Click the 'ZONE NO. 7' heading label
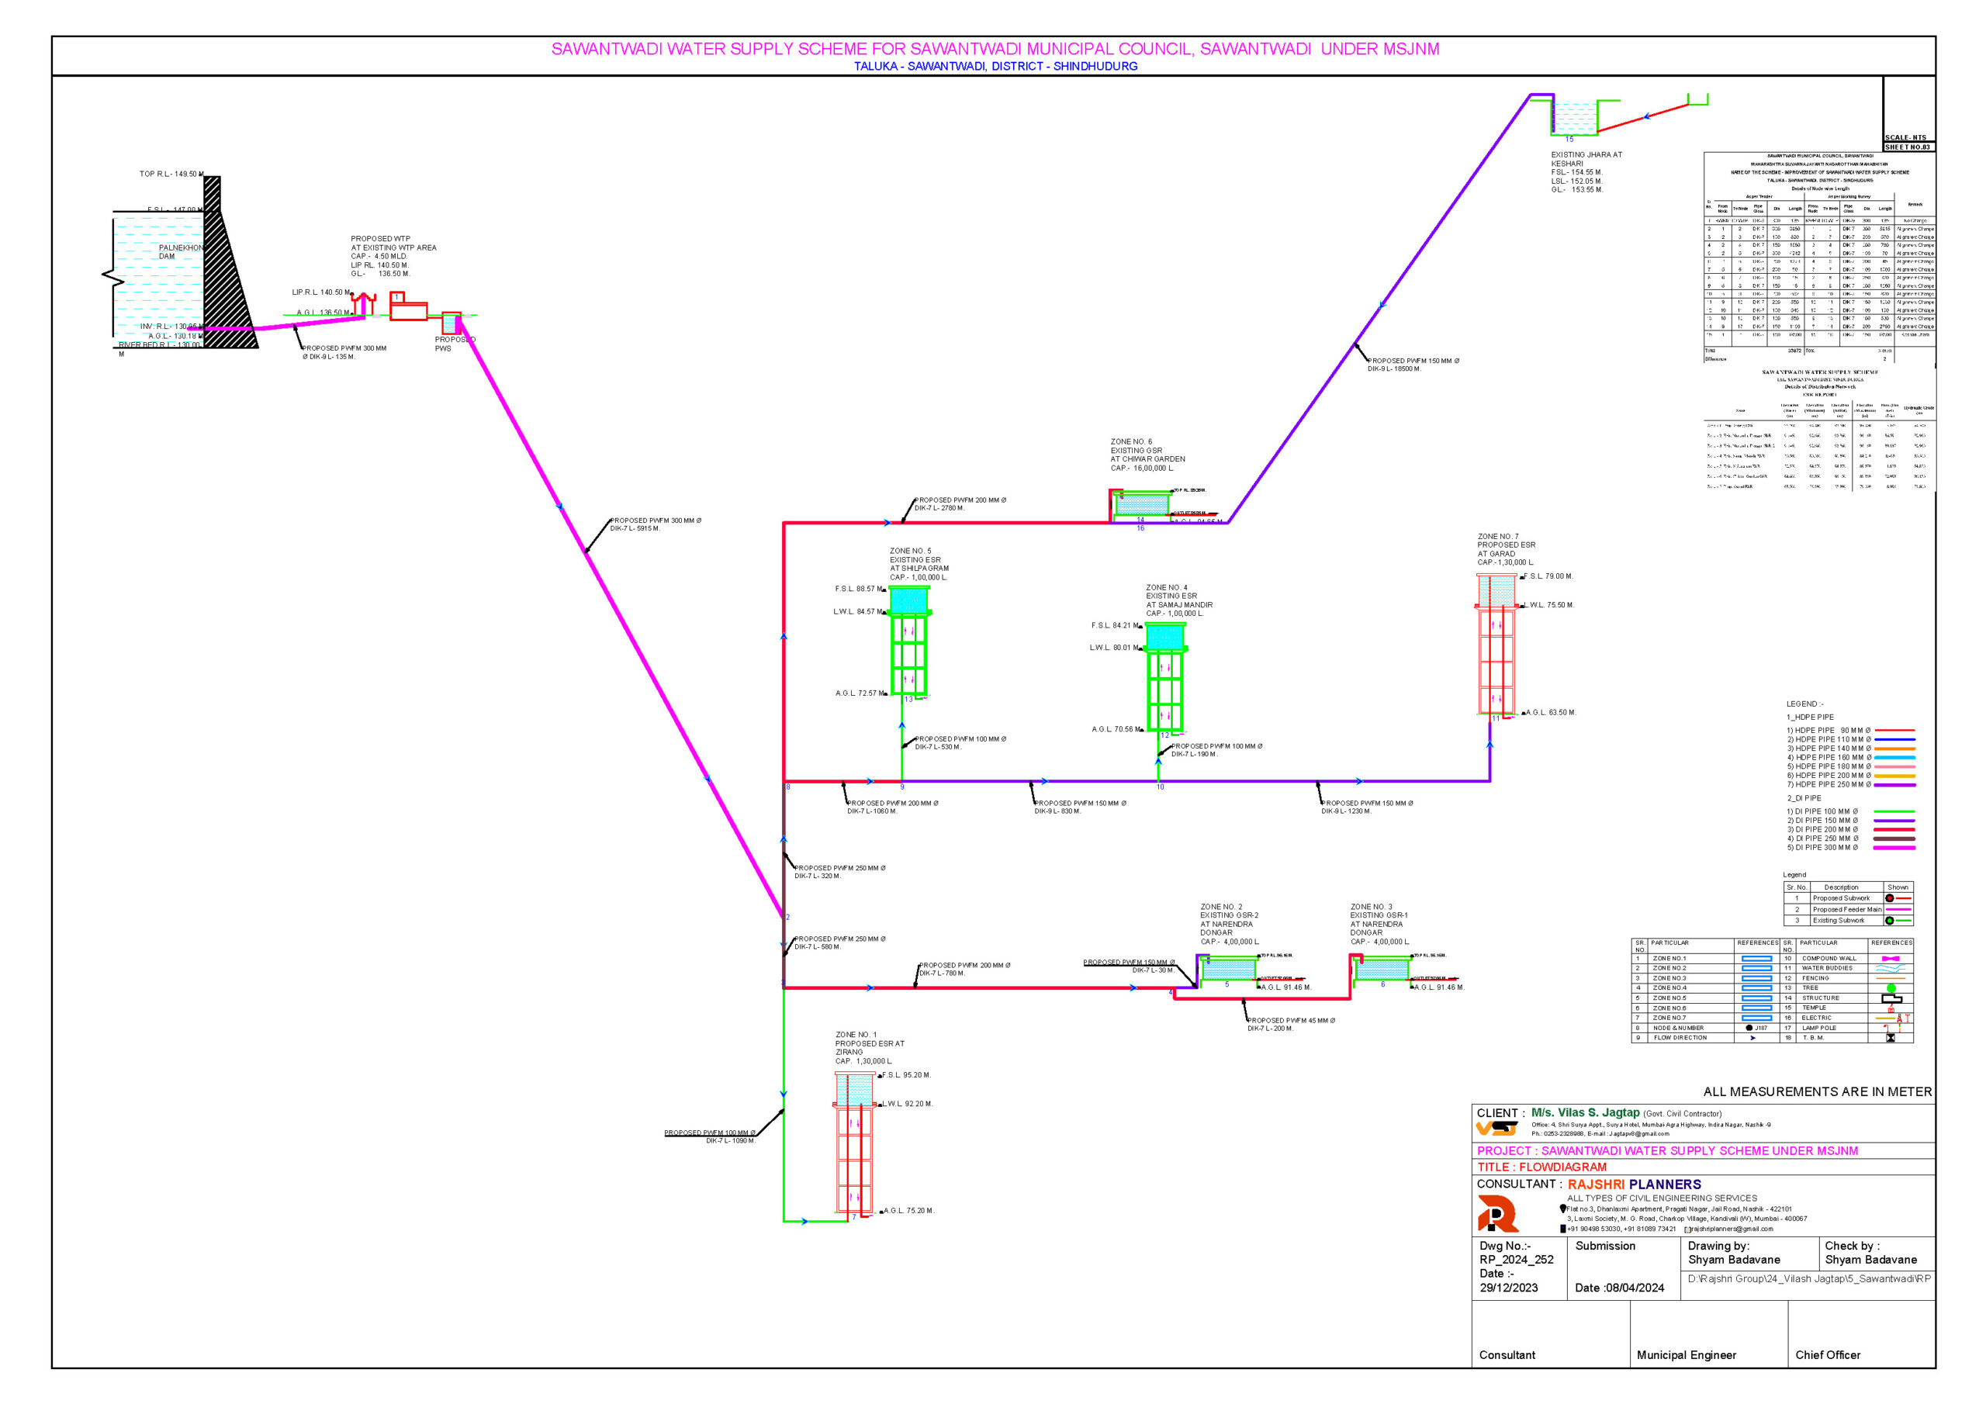[x=1497, y=536]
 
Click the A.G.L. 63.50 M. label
[x=1550, y=713]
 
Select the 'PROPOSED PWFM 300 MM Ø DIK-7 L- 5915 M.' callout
[x=655, y=524]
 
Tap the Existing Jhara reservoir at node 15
[x=1573, y=117]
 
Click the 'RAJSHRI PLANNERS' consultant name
[x=1634, y=1184]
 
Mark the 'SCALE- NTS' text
[x=1905, y=137]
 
